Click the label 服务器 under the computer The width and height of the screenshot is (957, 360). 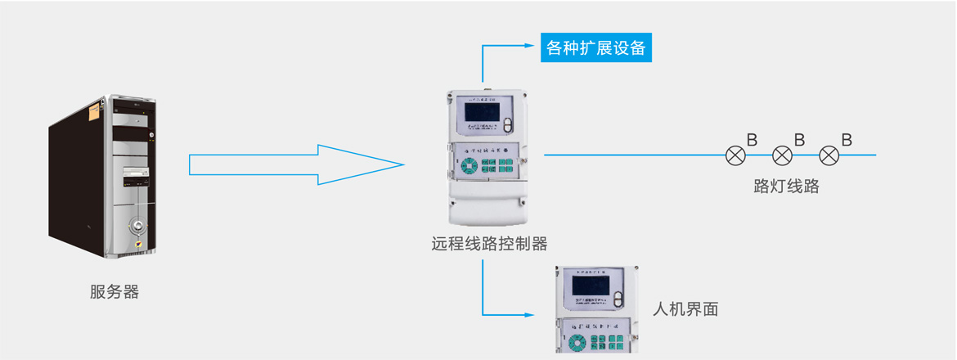click(x=115, y=292)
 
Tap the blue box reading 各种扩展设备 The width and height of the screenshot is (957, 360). click(x=595, y=48)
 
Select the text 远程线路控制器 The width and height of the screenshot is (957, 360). click(x=489, y=243)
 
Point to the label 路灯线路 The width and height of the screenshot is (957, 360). click(x=786, y=186)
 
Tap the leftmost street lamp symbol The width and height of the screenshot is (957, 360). click(x=736, y=155)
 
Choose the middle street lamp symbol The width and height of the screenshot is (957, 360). click(x=783, y=155)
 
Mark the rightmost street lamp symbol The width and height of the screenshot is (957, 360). click(x=829, y=155)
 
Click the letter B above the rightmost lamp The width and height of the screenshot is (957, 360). click(x=846, y=140)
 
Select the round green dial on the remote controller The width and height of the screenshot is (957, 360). click(x=470, y=166)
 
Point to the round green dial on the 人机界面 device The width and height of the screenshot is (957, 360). click(x=576, y=337)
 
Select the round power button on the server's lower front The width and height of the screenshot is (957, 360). click(x=139, y=226)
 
